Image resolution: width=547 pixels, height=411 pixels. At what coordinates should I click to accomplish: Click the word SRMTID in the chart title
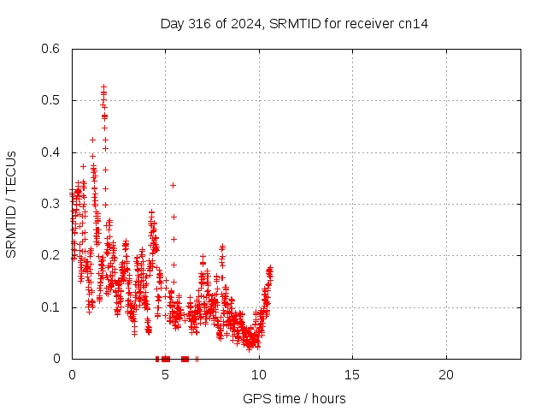click(x=295, y=24)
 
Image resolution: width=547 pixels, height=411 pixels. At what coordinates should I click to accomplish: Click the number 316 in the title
click(x=199, y=24)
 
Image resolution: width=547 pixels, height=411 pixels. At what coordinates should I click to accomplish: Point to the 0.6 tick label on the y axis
click(x=50, y=49)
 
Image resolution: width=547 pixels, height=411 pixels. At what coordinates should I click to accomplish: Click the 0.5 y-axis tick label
click(x=50, y=100)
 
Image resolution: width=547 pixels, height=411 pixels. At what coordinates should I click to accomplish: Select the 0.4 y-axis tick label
click(x=50, y=152)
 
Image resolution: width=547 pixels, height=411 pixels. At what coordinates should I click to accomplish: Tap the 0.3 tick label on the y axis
click(x=50, y=204)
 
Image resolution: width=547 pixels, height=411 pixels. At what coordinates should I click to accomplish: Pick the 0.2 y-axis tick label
click(x=50, y=255)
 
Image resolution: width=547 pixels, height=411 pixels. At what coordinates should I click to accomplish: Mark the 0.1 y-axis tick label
click(x=50, y=307)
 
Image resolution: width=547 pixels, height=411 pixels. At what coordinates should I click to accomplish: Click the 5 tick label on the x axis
click(x=165, y=375)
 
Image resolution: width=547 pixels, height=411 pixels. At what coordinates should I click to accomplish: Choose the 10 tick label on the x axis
click(x=259, y=375)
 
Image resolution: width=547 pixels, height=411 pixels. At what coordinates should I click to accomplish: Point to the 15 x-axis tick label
click(x=352, y=375)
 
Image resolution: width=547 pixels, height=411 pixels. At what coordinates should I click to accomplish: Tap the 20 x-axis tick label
click(x=446, y=375)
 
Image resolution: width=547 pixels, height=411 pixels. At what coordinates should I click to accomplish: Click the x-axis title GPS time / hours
click(x=294, y=399)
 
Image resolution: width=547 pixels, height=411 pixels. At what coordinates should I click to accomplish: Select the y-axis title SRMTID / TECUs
click(x=11, y=205)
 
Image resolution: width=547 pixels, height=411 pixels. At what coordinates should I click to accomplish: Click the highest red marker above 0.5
click(x=103, y=86)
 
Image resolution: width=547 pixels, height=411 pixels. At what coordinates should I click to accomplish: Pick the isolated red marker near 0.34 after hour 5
click(x=173, y=185)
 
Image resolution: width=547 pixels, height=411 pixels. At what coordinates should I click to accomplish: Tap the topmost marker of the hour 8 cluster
click(x=222, y=247)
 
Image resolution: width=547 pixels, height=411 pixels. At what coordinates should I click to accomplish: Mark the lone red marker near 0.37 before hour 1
click(x=83, y=166)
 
